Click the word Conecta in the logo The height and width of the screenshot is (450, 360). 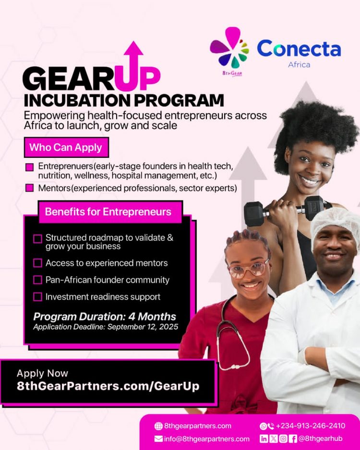299,48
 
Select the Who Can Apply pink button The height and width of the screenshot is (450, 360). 66,147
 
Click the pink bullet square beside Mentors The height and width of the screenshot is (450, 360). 30,188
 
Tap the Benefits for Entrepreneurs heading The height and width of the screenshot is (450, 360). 108,212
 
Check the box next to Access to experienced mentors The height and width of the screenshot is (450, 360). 37,263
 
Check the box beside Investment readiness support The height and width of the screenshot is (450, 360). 37,297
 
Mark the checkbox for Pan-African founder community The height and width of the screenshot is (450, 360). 37,280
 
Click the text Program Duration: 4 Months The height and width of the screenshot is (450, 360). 105,317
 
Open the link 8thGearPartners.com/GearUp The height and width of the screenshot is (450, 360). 108,386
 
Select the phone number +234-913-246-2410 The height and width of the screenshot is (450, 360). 311,426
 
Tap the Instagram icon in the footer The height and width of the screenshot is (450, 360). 283,438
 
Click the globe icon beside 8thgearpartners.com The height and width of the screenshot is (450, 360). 158,426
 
